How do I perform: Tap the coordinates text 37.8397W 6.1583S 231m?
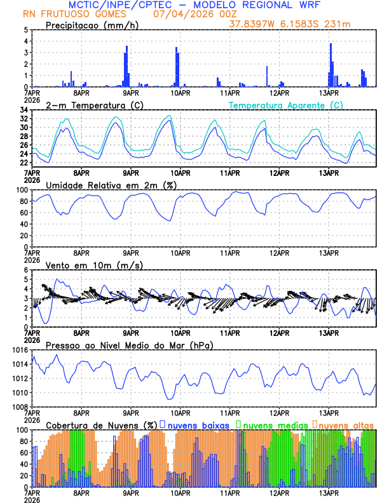[302, 24]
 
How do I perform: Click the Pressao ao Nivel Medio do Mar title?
[129, 345]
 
